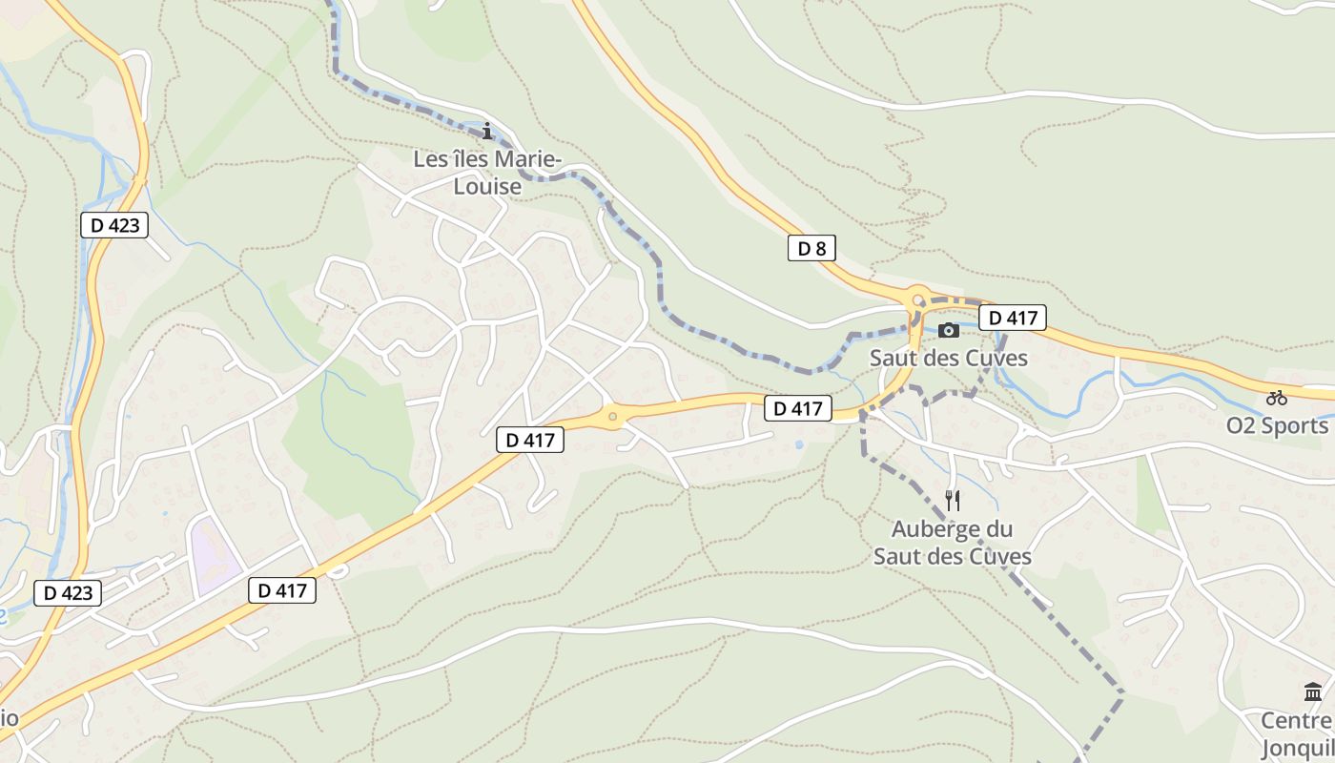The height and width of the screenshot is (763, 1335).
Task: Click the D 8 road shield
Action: click(811, 249)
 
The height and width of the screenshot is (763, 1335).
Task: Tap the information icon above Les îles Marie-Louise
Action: click(487, 131)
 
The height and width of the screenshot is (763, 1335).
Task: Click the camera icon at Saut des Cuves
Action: click(949, 330)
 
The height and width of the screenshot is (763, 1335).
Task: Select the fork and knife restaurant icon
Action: click(952, 501)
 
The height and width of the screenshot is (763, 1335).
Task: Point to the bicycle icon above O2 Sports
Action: click(1277, 398)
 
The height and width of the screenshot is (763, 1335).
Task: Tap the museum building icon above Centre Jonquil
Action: click(1313, 692)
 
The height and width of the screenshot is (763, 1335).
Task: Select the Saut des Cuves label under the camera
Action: click(949, 358)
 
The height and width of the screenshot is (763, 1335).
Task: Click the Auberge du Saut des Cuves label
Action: click(952, 542)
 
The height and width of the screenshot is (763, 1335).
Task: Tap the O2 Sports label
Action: click(1277, 425)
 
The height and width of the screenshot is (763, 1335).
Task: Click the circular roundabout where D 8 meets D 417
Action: click(918, 299)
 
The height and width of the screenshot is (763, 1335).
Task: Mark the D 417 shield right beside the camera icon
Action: click(1013, 318)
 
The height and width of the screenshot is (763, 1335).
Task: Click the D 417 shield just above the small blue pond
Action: click(798, 408)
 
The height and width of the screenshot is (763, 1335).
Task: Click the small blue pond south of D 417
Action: click(798, 444)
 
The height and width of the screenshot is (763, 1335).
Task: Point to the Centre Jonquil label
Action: click(1298, 733)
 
